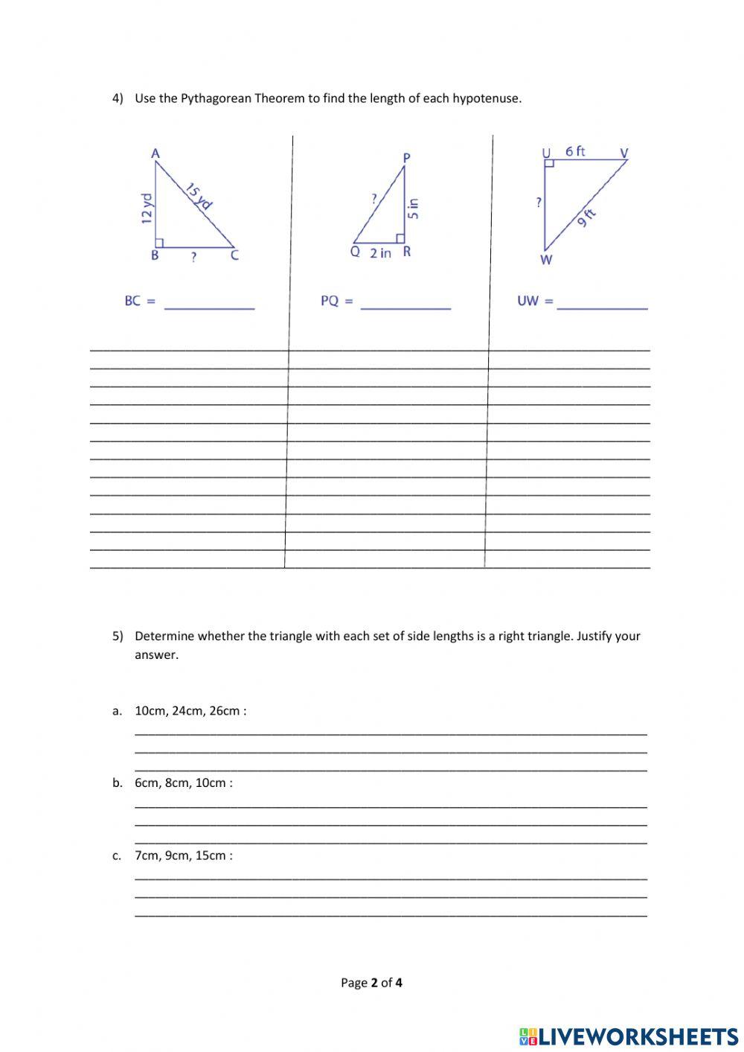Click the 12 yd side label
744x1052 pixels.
click(x=147, y=208)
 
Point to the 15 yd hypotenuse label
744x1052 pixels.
click(x=199, y=196)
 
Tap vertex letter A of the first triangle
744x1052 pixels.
click(x=155, y=153)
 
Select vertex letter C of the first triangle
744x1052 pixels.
click(x=234, y=255)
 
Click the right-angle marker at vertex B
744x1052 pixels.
click(x=158, y=243)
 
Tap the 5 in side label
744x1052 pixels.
click(x=414, y=208)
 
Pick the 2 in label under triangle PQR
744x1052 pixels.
click(x=380, y=253)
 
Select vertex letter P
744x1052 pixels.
click(x=406, y=157)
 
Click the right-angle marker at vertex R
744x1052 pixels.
click(x=400, y=238)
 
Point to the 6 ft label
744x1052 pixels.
click(x=575, y=151)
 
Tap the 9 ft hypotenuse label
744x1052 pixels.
click(x=586, y=217)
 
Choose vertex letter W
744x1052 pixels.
click(x=546, y=260)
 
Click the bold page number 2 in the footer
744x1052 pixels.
click(x=375, y=983)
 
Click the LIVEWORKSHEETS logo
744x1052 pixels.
click(x=628, y=1036)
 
